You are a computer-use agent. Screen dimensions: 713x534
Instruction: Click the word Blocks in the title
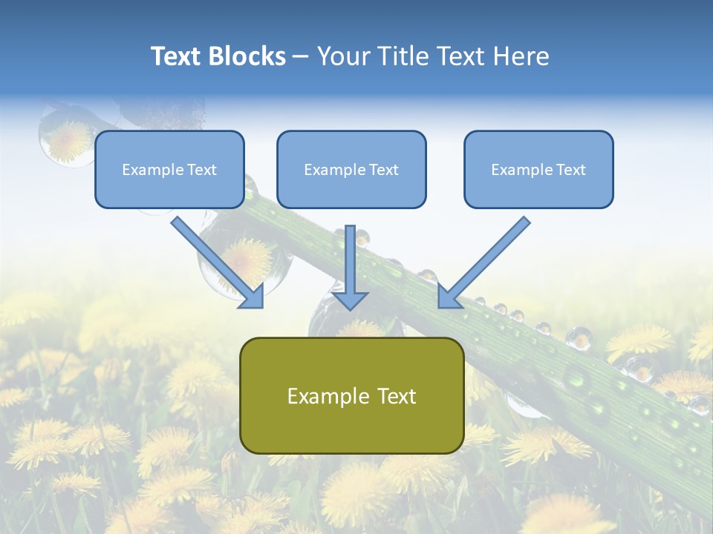tap(247, 56)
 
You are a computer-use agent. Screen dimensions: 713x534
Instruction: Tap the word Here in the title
tap(521, 56)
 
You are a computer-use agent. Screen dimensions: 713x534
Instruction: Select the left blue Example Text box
tap(169, 169)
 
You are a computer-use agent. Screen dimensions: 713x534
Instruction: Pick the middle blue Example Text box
tap(351, 169)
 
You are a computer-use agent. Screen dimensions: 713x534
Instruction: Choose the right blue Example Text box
tap(538, 169)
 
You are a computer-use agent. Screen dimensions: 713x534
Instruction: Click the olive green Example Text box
tap(352, 395)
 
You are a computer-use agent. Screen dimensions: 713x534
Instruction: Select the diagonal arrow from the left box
tap(217, 263)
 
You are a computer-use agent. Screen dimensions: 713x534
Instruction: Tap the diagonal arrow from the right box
tap(484, 263)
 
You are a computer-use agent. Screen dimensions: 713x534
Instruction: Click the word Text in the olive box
tap(397, 396)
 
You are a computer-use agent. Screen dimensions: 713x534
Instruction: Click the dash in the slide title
tap(300, 57)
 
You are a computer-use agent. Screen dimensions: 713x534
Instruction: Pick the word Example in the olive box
tap(328, 396)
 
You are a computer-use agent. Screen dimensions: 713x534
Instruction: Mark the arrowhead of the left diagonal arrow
tap(252, 297)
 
